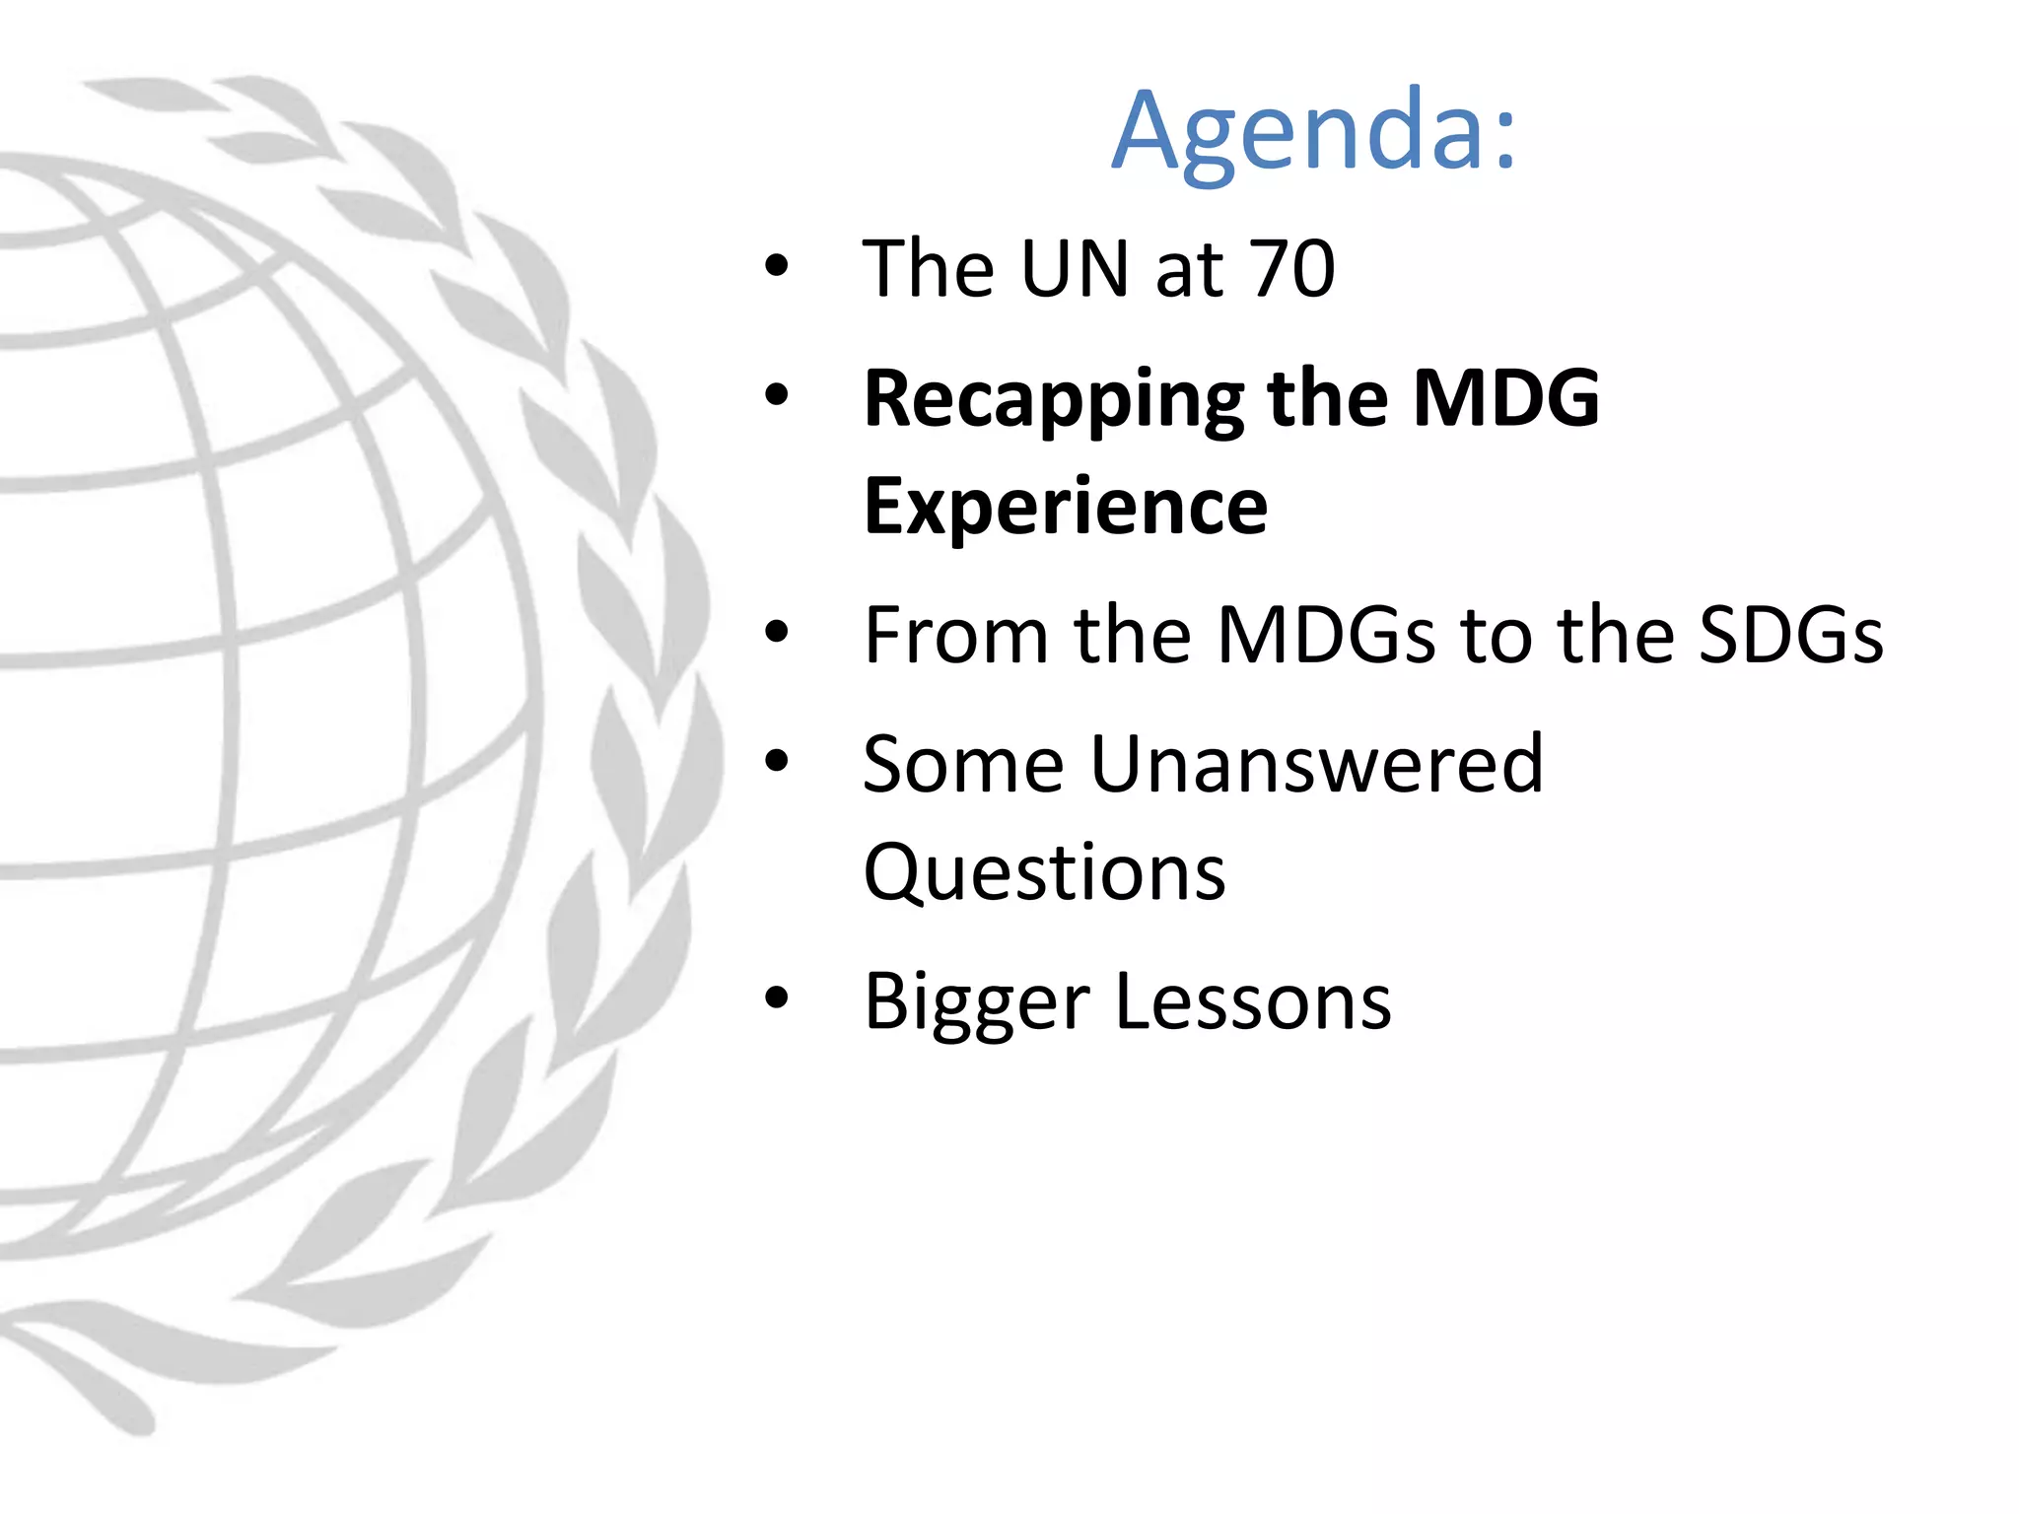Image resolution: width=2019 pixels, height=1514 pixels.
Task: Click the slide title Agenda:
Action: point(1313,133)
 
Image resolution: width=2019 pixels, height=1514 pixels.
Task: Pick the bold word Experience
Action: point(1066,507)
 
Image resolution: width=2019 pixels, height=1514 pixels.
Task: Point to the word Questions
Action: point(1044,873)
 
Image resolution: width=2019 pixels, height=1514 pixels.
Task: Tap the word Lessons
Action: point(1253,1001)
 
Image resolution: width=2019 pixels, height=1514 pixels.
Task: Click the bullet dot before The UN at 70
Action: point(777,266)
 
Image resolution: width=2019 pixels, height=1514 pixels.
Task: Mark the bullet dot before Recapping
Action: point(777,395)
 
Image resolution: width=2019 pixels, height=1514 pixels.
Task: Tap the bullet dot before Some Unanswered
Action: point(777,761)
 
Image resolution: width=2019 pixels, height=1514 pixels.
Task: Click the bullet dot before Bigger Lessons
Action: point(777,998)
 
